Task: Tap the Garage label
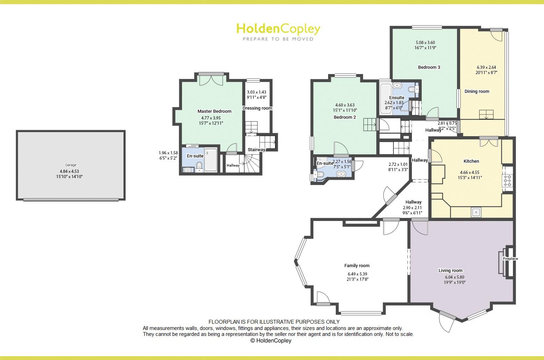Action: (71, 165)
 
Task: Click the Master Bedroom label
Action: (215, 111)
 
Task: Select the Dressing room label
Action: (257, 108)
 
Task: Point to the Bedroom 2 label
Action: (345, 117)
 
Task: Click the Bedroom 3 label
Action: (429, 67)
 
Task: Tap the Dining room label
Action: (477, 91)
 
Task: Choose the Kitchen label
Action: (471, 161)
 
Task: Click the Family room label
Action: (357, 266)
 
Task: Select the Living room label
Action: (450, 270)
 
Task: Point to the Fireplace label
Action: (510, 259)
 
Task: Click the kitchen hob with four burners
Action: (507, 181)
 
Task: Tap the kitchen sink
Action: (476, 212)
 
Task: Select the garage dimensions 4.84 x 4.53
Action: (70, 171)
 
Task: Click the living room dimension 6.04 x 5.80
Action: (455, 277)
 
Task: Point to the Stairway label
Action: (256, 150)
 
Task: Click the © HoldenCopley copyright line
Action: (271, 340)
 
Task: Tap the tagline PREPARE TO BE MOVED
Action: (278, 39)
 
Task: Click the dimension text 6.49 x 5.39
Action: (357, 274)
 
